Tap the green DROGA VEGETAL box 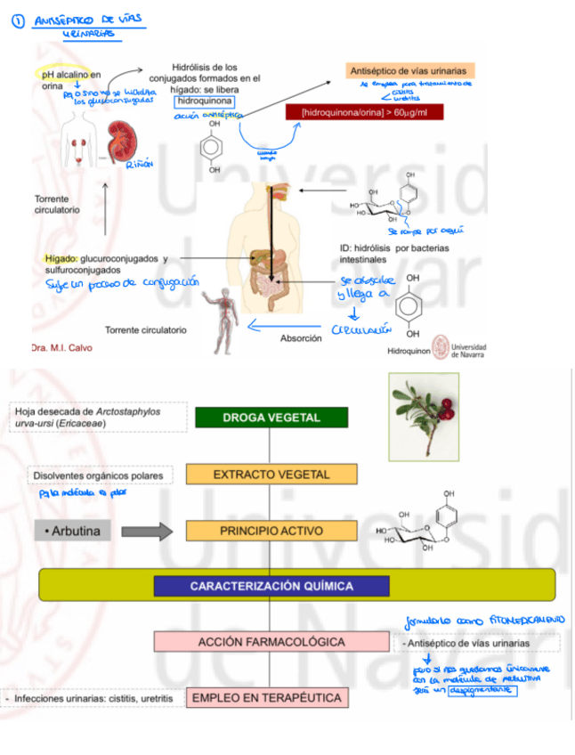coord(271,417)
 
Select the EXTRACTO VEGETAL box coord(271,475)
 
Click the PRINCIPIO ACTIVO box coord(271,531)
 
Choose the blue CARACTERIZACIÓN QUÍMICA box coord(271,586)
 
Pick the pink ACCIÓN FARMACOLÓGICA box coord(271,641)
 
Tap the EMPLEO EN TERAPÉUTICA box coord(267,697)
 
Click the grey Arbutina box coord(75,532)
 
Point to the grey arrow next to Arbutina coord(146,532)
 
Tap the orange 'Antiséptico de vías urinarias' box coord(409,70)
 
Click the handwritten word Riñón coord(141,164)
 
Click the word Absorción coord(301,338)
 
